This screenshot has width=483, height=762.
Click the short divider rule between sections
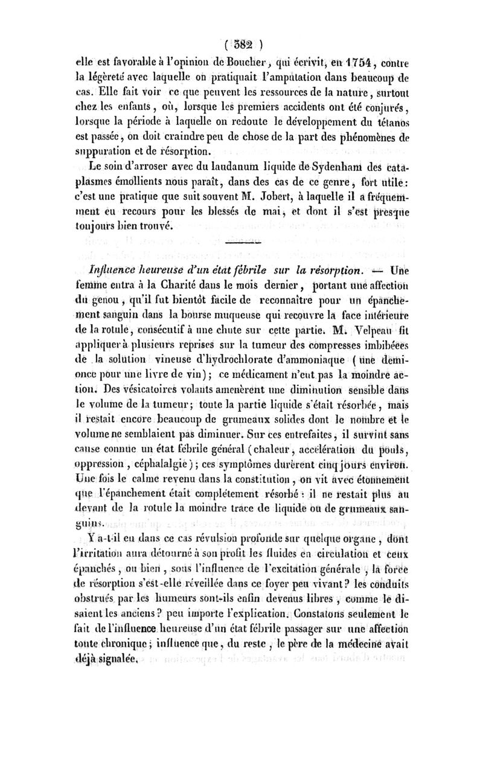pyautogui.click(x=242, y=242)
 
